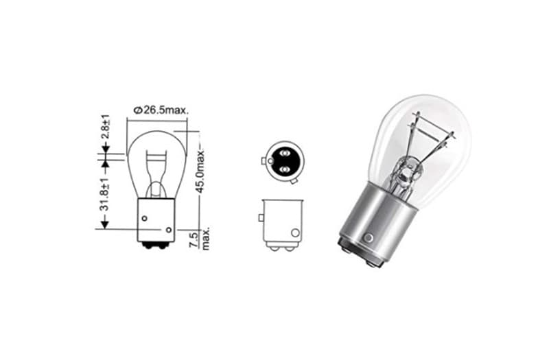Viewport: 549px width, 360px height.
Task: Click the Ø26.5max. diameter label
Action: [162, 110]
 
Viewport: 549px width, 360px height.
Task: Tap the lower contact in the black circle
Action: [283, 167]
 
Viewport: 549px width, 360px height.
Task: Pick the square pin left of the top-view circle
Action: [264, 162]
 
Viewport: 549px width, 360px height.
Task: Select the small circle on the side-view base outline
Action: [294, 232]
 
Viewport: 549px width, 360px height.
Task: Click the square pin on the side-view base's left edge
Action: [261, 218]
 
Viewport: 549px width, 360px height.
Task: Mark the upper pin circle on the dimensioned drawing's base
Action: [144, 218]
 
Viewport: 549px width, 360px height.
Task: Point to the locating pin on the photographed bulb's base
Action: [369, 237]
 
